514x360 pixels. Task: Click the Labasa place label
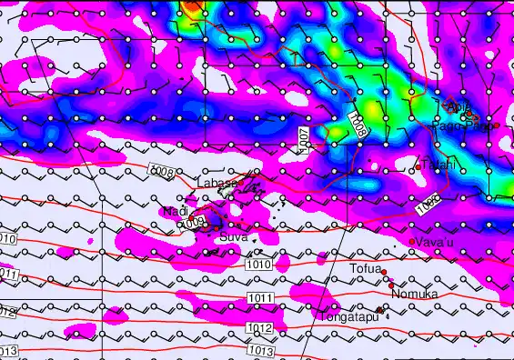point(217,183)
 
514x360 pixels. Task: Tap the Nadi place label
point(174,212)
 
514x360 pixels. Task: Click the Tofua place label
point(363,269)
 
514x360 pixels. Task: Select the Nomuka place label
point(415,295)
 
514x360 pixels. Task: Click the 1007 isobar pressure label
point(305,138)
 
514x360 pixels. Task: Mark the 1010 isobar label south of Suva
point(258,265)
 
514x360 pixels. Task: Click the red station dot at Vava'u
point(412,242)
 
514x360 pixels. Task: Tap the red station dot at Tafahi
point(417,165)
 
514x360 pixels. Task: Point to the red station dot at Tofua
point(384,272)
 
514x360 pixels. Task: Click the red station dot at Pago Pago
point(497,125)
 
